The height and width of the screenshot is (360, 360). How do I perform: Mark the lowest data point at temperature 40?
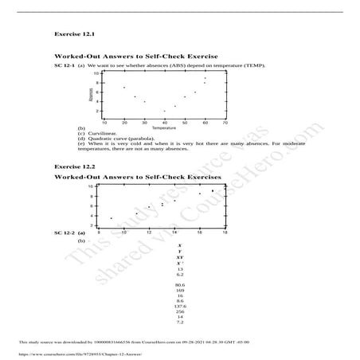[x=165, y=111]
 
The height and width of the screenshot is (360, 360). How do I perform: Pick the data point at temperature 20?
[x=123, y=87]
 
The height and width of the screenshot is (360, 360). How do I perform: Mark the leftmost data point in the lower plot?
[x=112, y=217]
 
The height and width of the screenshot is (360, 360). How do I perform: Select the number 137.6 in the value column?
[x=179, y=306]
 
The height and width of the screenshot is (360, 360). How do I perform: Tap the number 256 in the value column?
[x=179, y=312]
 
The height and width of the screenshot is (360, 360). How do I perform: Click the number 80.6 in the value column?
[x=179, y=284]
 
